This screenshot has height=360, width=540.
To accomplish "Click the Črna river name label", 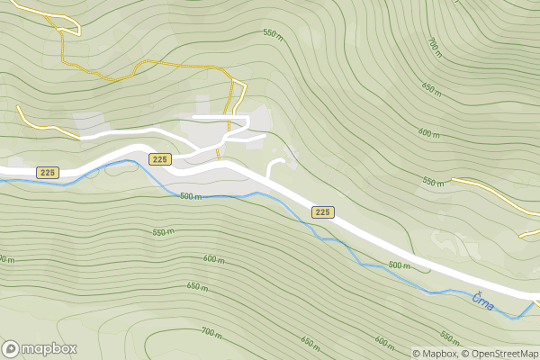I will (x=482, y=303).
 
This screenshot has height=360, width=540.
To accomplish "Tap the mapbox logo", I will (x=40, y=348).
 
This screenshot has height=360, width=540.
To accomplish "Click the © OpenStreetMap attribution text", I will (x=500, y=353).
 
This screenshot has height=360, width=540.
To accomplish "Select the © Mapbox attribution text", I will (x=436, y=353).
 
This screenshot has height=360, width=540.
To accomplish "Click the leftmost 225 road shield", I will (x=48, y=172).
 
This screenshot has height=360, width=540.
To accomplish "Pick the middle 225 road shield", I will (x=159, y=159).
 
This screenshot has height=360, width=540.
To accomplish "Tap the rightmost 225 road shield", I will (x=323, y=211).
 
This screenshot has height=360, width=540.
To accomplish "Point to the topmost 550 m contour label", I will (x=273, y=33).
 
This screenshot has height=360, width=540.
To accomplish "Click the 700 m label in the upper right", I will (x=434, y=47).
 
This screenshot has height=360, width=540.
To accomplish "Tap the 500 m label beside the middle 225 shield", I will (x=190, y=196).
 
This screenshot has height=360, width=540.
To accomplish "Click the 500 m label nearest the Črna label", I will (x=399, y=265).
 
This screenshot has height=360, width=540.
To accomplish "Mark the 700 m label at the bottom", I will (x=211, y=332).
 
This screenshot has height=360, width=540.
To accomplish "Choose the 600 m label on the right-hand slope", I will (x=429, y=132).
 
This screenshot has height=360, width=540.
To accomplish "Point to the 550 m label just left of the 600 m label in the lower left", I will (x=163, y=232).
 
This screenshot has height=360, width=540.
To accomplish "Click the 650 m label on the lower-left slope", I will (x=197, y=287).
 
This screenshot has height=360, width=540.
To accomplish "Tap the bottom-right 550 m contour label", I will (x=449, y=337).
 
